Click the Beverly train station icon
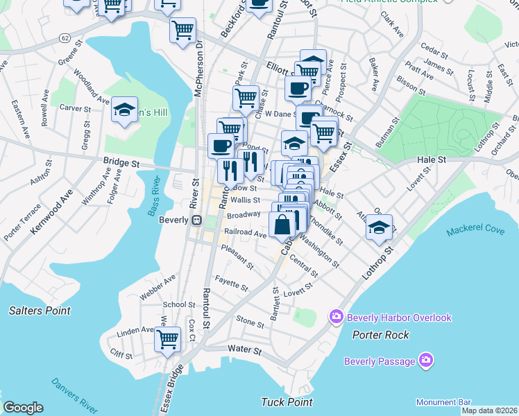[196, 220]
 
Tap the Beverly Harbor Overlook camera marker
[337, 317]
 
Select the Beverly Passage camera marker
[426, 360]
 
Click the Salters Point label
[40, 311]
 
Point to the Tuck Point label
[287, 402]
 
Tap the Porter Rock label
[380, 335]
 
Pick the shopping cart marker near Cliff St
[167, 340]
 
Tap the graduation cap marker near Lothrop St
[379, 226]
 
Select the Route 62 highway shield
[65, 36]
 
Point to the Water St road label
[244, 351]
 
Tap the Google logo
[23, 408]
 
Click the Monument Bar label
[443, 402]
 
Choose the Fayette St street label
[232, 284]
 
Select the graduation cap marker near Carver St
[125, 110]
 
